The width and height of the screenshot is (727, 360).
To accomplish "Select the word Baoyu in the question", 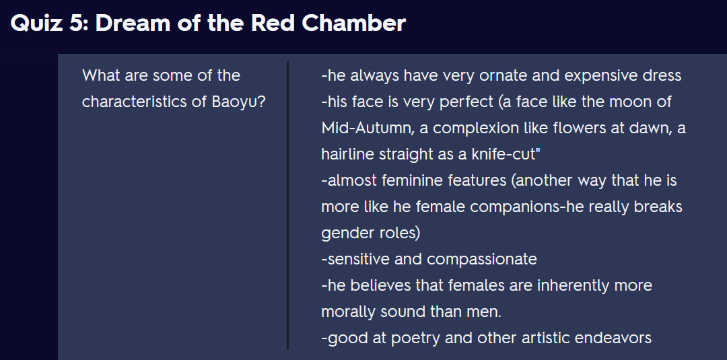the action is pyautogui.click(x=238, y=102).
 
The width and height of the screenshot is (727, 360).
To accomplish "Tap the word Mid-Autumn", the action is pyautogui.click(x=366, y=129).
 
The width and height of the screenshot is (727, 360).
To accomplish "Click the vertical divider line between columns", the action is pyautogui.click(x=288, y=205).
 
